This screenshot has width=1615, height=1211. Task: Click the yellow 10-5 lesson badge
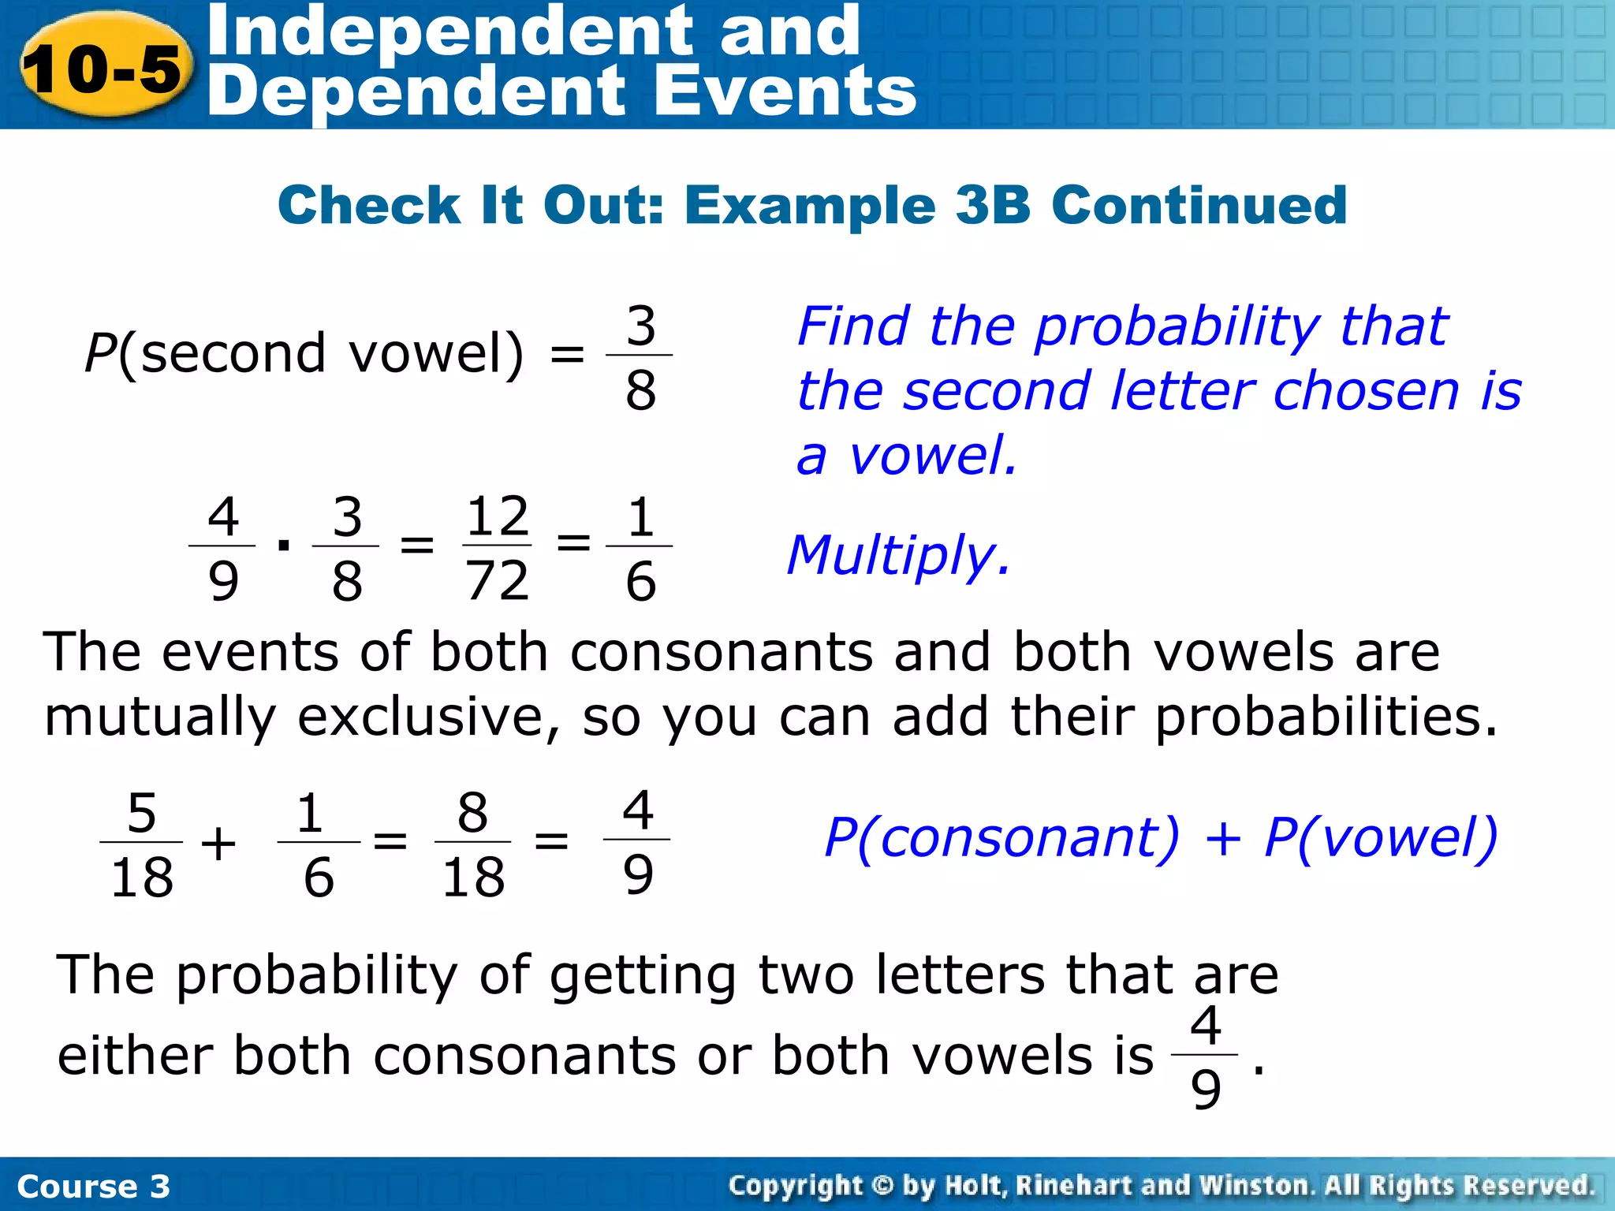103,68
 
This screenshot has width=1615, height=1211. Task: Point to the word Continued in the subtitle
1199,205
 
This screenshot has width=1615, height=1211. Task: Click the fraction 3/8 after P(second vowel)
640,357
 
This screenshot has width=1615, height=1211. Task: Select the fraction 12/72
497,547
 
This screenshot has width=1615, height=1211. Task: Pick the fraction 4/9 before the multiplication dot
222,547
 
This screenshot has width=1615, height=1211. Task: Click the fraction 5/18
141,844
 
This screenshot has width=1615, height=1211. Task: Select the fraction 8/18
472,844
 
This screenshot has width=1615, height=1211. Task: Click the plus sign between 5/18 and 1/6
218,844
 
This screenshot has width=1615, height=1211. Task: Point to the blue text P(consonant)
1001,837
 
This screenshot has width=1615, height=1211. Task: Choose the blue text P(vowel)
1380,837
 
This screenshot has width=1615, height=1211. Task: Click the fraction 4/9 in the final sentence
1205,1056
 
